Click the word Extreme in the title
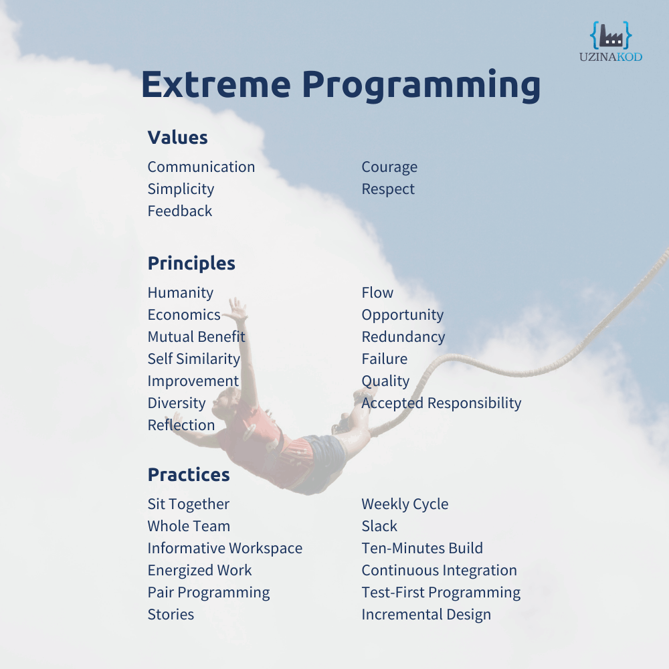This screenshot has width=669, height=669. pyautogui.click(x=216, y=84)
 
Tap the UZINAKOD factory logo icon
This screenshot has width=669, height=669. pyautogui.click(x=611, y=35)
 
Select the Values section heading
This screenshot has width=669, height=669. pyautogui.click(x=177, y=137)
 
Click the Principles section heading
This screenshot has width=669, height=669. pyautogui.click(x=191, y=263)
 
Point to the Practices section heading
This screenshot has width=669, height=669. pyautogui.click(x=189, y=474)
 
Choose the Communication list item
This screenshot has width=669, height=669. pyautogui.click(x=201, y=167)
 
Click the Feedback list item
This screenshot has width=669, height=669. pyautogui.click(x=179, y=211)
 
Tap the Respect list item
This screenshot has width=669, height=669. pyautogui.click(x=388, y=189)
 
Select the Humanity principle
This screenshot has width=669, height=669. pyautogui.click(x=181, y=293)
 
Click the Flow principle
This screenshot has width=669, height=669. pyautogui.click(x=377, y=292)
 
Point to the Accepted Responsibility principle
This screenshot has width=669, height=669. pyautogui.click(x=441, y=403)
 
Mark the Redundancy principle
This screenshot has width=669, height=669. pyautogui.click(x=403, y=337)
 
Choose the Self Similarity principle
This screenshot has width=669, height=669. pyautogui.click(x=194, y=359)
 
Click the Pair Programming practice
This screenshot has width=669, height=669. pyautogui.click(x=209, y=593)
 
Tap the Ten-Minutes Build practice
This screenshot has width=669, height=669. pyautogui.click(x=422, y=548)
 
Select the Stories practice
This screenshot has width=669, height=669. pyautogui.click(x=171, y=614)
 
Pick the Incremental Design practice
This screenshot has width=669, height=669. pyautogui.click(x=425, y=615)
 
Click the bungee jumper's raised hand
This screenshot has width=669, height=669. pyautogui.click(x=236, y=310)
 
